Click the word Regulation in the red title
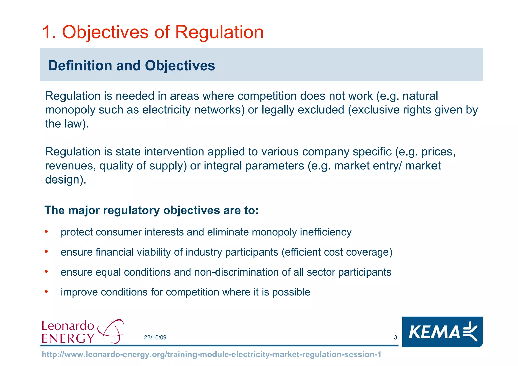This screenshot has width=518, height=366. (x=219, y=32)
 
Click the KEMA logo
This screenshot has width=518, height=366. (x=442, y=332)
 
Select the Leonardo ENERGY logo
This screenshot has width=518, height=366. (x=82, y=331)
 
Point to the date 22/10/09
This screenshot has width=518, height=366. (x=155, y=337)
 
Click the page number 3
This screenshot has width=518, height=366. (x=395, y=337)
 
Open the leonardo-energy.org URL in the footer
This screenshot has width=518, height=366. (x=211, y=354)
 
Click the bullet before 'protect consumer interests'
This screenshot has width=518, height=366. (x=46, y=232)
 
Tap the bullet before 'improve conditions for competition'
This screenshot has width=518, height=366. (x=46, y=292)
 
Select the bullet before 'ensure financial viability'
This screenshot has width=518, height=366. (x=46, y=251)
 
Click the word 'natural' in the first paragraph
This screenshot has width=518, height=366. (x=420, y=96)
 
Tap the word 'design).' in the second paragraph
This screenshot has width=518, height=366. (x=66, y=180)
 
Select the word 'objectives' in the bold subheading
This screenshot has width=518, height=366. (x=191, y=210)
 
